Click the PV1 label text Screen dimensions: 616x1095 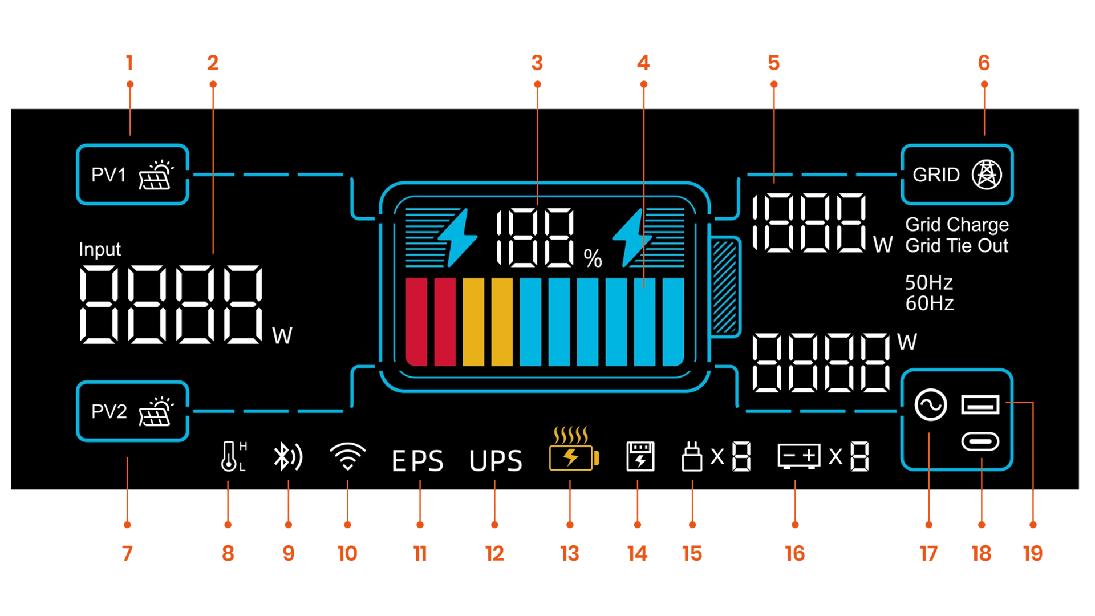(108, 175)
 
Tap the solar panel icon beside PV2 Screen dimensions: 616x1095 (156, 412)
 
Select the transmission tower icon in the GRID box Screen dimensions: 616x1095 (987, 175)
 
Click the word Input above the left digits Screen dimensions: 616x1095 (100, 249)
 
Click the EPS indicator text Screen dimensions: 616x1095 (417, 461)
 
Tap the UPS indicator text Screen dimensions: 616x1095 (496, 461)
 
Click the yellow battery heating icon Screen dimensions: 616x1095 (573, 450)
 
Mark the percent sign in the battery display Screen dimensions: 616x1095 (593, 259)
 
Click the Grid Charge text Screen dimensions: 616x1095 (956, 224)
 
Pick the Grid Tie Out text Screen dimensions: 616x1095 (956, 246)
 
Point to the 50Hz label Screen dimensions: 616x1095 (928, 282)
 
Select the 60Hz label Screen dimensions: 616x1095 (929, 303)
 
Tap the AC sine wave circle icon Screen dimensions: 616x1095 (931, 405)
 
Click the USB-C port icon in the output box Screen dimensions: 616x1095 (980, 441)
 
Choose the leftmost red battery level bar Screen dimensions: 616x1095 (416, 321)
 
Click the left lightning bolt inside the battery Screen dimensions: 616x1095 (458, 237)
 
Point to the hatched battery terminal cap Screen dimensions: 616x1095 (725, 286)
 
